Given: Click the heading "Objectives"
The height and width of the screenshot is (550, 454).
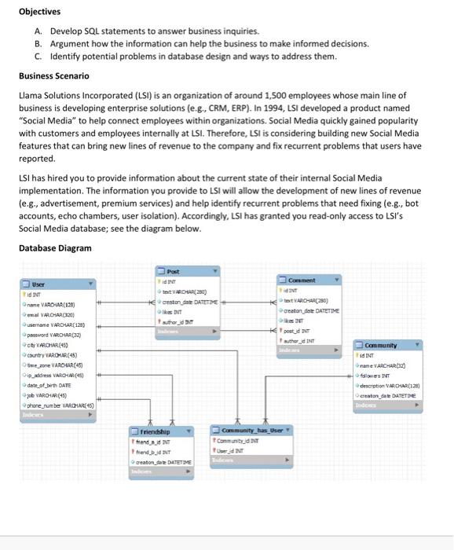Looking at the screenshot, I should tap(38, 12).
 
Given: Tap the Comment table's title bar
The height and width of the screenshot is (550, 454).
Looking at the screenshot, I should tap(302, 280).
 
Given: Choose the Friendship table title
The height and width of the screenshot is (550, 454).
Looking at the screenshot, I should tap(156, 431).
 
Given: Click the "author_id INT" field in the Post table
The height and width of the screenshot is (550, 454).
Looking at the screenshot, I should tap(181, 321).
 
